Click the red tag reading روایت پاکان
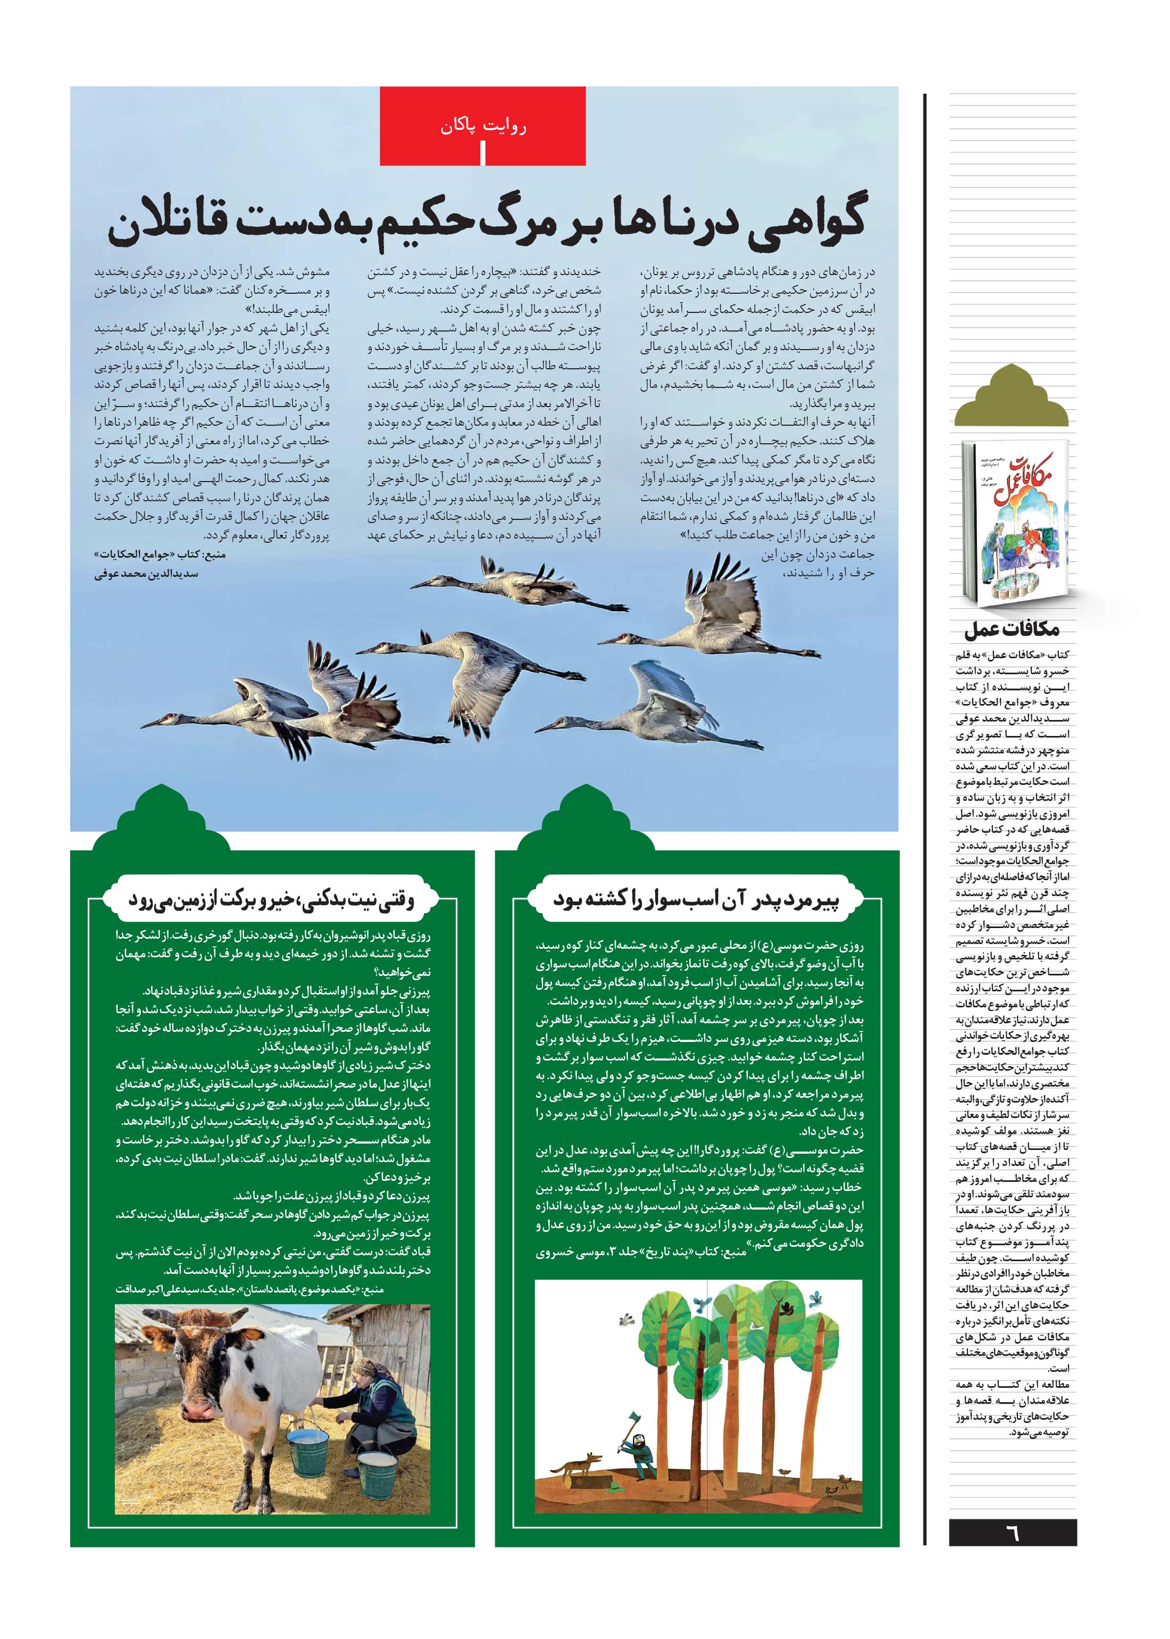(483, 127)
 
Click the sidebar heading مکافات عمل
(1012, 629)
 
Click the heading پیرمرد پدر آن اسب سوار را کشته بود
(696, 899)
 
